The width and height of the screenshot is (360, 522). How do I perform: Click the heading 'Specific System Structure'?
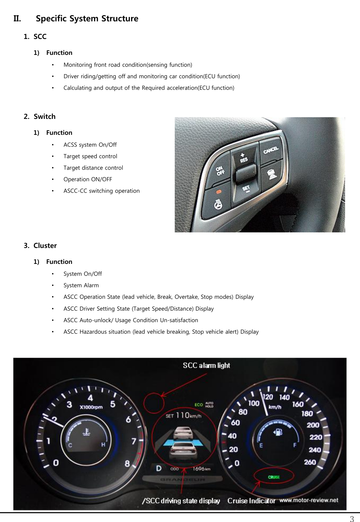(87, 19)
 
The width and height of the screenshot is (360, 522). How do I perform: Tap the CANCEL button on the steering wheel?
(271, 150)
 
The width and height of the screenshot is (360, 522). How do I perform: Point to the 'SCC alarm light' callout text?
(206, 366)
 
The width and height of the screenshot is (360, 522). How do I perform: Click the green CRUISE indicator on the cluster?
(274, 477)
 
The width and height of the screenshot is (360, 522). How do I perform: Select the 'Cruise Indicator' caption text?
(251, 501)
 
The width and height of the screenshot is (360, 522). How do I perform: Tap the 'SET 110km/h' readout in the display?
(183, 416)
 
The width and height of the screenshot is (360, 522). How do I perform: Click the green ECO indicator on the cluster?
(198, 404)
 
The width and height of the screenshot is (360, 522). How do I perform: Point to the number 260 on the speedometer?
(310, 462)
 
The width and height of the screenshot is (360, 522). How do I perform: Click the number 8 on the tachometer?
(127, 463)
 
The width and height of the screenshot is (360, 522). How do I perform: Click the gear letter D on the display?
(158, 469)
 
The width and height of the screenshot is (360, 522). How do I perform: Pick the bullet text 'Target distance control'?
(93, 168)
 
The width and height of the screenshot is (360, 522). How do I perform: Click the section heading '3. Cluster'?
(40, 246)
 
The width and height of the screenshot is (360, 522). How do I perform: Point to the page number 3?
(352, 519)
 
